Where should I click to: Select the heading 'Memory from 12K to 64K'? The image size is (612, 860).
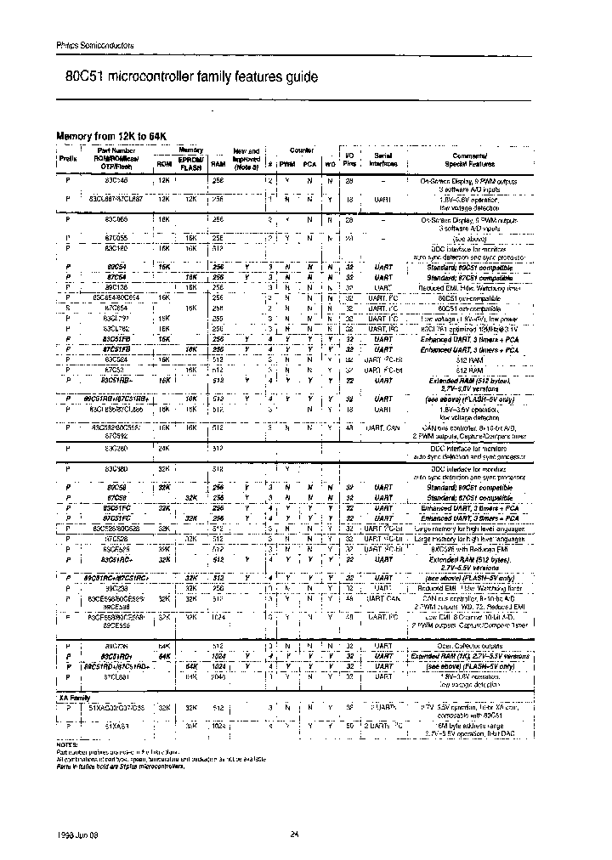(x=108, y=136)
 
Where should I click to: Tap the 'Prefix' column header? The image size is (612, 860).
(x=68, y=159)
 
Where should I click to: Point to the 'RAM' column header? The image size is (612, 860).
(x=218, y=163)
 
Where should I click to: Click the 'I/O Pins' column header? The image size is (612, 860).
(x=348, y=159)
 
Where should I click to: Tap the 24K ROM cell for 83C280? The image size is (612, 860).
(x=164, y=447)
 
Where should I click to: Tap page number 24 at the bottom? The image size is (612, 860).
(x=294, y=834)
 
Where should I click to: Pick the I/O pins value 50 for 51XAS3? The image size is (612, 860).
(x=349, y=724)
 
